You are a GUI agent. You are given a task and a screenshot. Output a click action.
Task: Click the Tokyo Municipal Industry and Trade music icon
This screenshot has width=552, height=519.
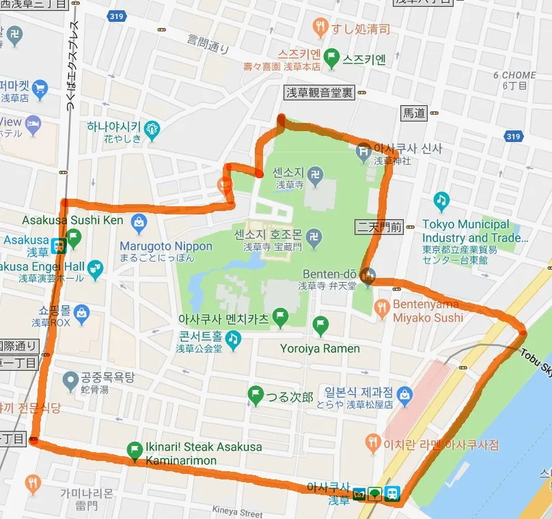point(441,201)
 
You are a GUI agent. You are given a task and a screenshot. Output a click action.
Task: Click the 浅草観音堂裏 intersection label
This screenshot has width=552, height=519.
point(319,94)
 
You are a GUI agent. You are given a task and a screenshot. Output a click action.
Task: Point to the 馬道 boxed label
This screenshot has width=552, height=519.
point(414,114)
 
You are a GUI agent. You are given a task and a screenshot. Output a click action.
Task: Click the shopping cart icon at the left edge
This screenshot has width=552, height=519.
point(40,87)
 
